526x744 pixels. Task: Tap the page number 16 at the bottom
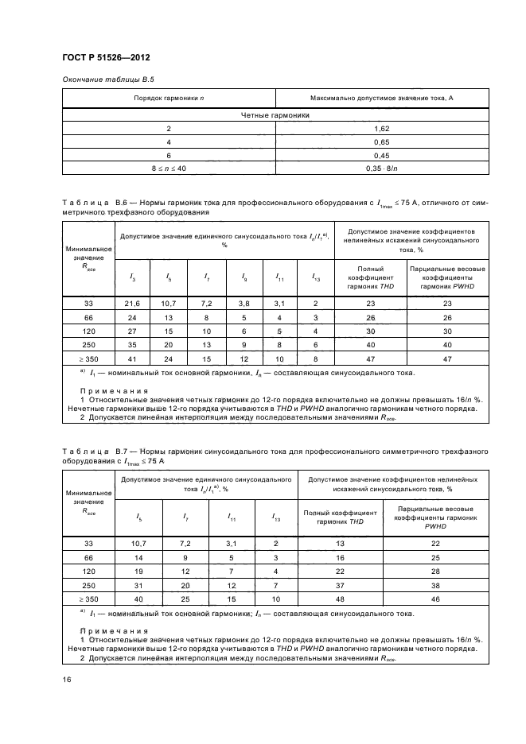tap(66, 680)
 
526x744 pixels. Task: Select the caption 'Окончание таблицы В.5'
tap(102, 80)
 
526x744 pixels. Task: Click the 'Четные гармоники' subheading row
tap(275, 115)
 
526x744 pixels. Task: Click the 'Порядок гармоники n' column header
tap(169, 98)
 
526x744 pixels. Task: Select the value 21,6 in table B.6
tap(132, 304)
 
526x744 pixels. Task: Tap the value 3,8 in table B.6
tap(244, 304)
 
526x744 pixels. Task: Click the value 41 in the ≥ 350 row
tap(132, 358)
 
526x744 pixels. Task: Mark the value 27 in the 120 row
tap(132, 331)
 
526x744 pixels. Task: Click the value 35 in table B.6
tap(132, 345)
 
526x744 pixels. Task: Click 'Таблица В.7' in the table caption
tap(91, 451)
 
